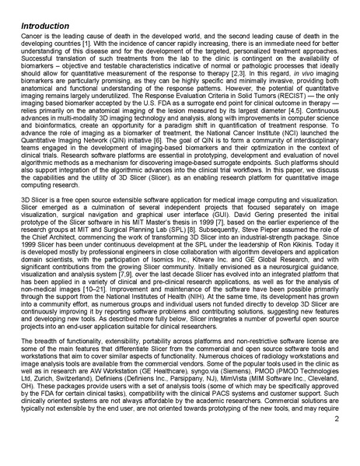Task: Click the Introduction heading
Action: (x=45, y=27)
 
